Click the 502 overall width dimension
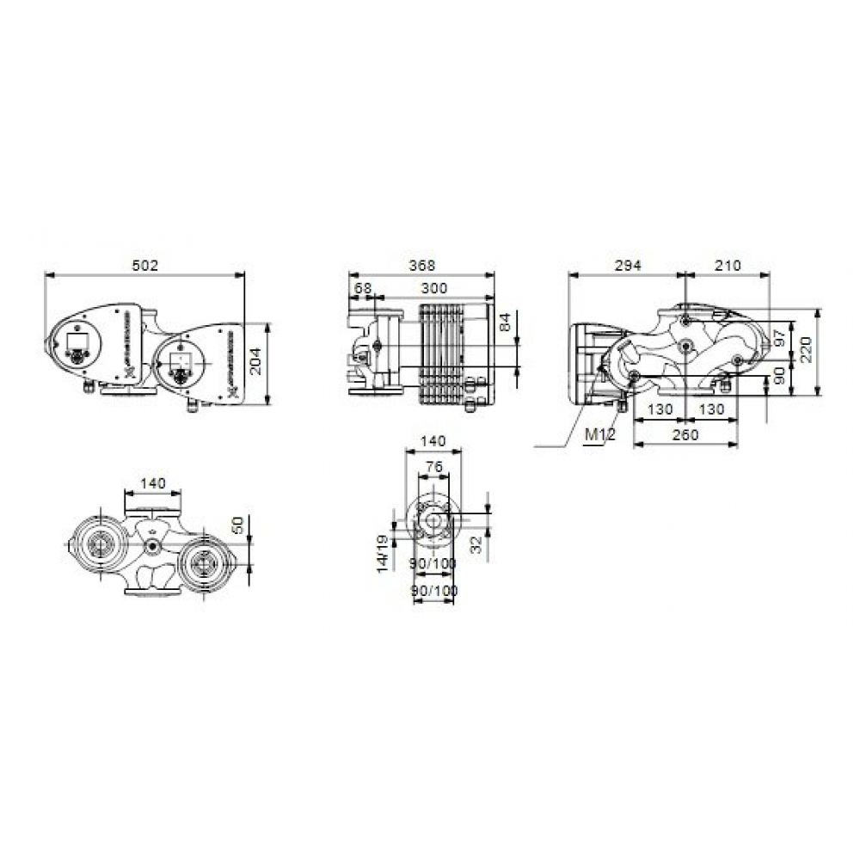click(x=144, y=266)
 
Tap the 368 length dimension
click(x=421, y=266)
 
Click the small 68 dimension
click(x=363, y=288)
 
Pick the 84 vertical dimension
click(x=505, y=323)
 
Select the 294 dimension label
click(x=628, y=266)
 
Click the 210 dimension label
click(x=727, y=266)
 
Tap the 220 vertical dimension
click(x=806, y=351)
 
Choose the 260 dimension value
click(x=685, y=435)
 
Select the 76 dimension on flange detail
click(x=434, y=467)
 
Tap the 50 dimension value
click(x=240, y=524)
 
